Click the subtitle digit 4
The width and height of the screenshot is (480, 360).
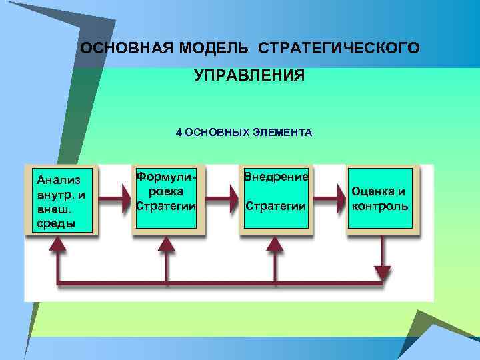tap(179, 132)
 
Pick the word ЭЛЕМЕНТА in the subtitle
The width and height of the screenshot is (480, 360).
tap(283, 132)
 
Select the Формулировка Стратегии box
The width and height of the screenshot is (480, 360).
tap(166, 199)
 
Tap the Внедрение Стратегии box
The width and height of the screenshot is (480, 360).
tap(276, 199)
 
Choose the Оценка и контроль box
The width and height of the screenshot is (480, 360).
tap(380, 199)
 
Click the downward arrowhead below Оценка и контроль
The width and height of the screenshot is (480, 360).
tap(383, 273)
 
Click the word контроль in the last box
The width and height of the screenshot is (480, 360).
tap(380, 205)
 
